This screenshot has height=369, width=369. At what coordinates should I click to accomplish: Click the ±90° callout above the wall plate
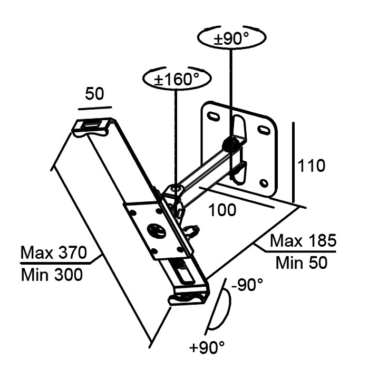(231, 39)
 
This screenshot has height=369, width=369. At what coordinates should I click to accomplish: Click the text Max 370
(53, 254)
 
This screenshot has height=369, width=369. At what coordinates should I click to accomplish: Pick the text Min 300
(51, 274)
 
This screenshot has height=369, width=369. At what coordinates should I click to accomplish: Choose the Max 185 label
(303, 241)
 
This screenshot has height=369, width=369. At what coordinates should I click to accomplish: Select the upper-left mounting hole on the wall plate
(213, 116)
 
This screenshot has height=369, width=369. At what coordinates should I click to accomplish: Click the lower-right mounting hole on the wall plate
(265, 183)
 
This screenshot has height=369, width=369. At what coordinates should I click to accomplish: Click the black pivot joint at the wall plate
(230, 142)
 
